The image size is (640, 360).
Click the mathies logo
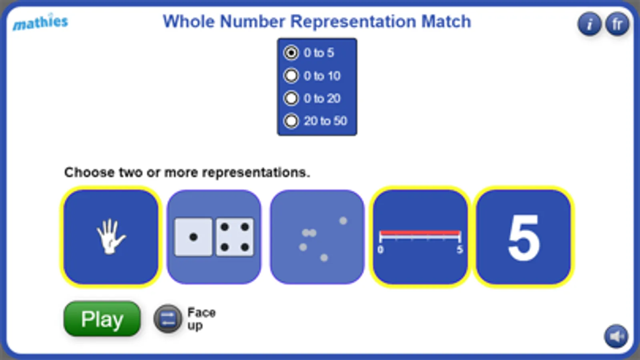click(x=40, y=22)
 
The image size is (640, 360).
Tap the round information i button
click(x=589, y=24)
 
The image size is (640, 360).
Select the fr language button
click(x=617, y=24)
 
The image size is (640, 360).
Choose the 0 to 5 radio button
click(x=291, y=53)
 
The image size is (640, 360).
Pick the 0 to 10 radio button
click(x=291, y=76)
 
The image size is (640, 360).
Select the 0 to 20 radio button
click(x=291, y=98)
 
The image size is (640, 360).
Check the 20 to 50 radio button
click(x=291, y=121)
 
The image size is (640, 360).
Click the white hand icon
click(x=110, y=236)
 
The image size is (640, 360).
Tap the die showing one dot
click(x=193, y=237)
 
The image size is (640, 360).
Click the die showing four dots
click(x=235, y=237)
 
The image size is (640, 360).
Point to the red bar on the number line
click(x=420, y=233)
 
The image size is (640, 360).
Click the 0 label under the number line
click(x=380, y=250)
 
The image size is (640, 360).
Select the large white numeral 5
click(x=524, y=238)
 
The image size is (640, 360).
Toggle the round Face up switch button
click(x=168, y=319)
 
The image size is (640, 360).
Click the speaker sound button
click(x=616, y=336)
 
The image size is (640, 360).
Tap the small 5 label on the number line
click(x=459, y=250)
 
